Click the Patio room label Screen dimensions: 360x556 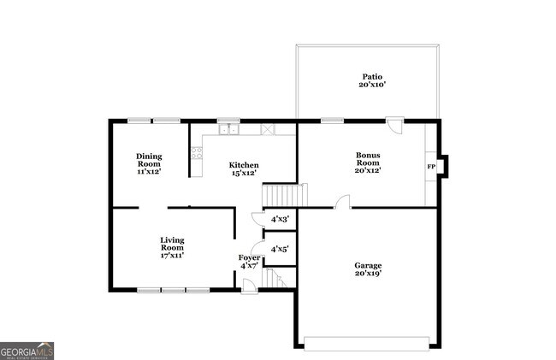point(368,77)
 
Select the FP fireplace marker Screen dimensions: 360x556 point(431,166)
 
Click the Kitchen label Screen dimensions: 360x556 point(244,165)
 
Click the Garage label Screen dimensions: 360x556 point(368,265)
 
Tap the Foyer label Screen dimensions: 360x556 point(249,257)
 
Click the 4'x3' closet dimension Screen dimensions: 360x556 point(280,220)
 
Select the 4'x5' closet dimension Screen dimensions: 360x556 point(280,249)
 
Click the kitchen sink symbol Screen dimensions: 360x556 point(228,130)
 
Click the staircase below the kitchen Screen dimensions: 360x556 point(283,195)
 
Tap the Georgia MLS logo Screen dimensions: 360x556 point(27,351)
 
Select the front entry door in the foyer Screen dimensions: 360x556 point(248,286)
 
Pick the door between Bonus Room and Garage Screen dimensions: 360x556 point(342,203)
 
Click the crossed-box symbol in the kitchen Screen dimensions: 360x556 point(268,130)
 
